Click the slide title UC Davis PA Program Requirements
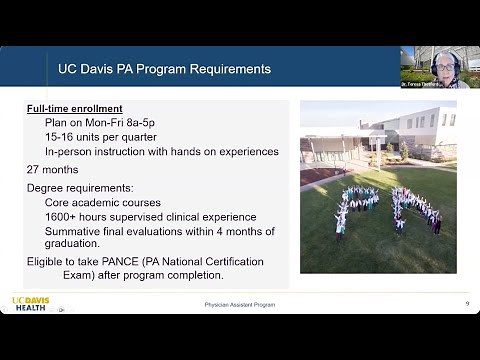tap(164, 70)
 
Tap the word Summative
tap(74, 230)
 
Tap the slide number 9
tap(467, 304)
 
